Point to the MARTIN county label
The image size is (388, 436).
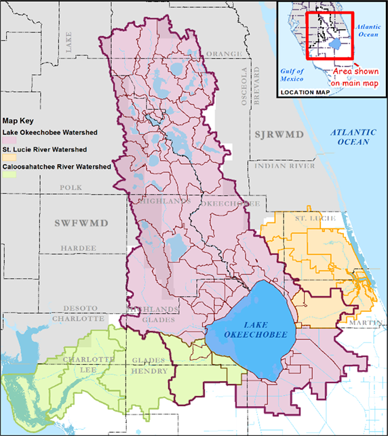(x=363, y=321)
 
